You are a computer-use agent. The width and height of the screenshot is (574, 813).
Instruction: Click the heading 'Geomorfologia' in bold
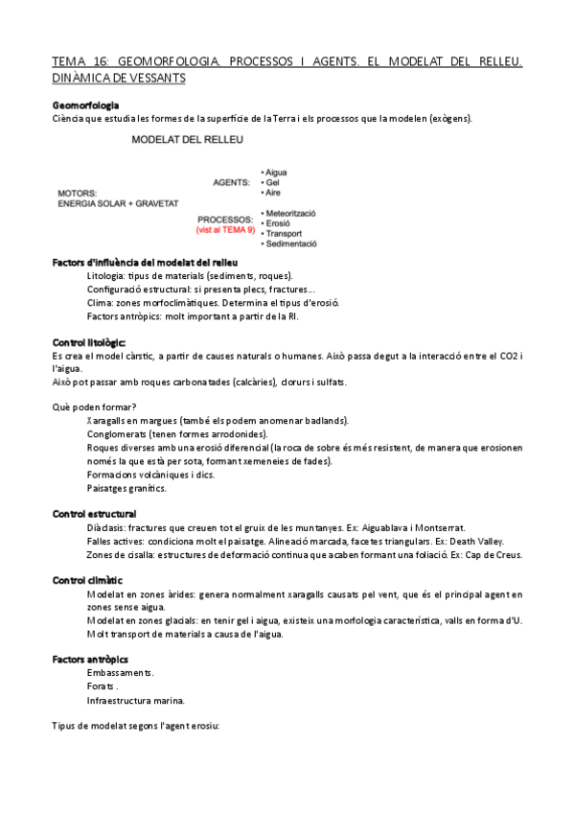pyautogui.click(x=85, y=105)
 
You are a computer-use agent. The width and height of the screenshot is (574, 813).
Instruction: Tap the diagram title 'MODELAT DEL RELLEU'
pyautogui.click(x=187, y=140)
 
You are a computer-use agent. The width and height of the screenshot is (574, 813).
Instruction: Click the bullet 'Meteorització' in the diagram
pyautogui.click(x=290, y=212)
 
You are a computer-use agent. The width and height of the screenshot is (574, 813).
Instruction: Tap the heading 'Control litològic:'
pyautogui.click(x=88, y=342)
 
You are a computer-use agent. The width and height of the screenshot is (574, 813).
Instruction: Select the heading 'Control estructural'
pyautogui.click(x=94, y=514)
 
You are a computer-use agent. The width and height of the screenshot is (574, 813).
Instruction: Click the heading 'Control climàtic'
pyautogui.click(x=87, y=580)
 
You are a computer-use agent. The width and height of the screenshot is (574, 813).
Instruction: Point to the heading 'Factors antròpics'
pyautogui.click(x=90, y=660)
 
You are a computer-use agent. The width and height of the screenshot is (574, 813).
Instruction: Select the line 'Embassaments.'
pyautogui.click(x=120, y=672)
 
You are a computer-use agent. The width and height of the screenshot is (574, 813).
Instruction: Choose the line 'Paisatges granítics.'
pyautogui.click(x=126, y=488)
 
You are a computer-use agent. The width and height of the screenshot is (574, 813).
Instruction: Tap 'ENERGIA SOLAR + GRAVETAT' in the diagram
pyautogui.click(x=119, y=203)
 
